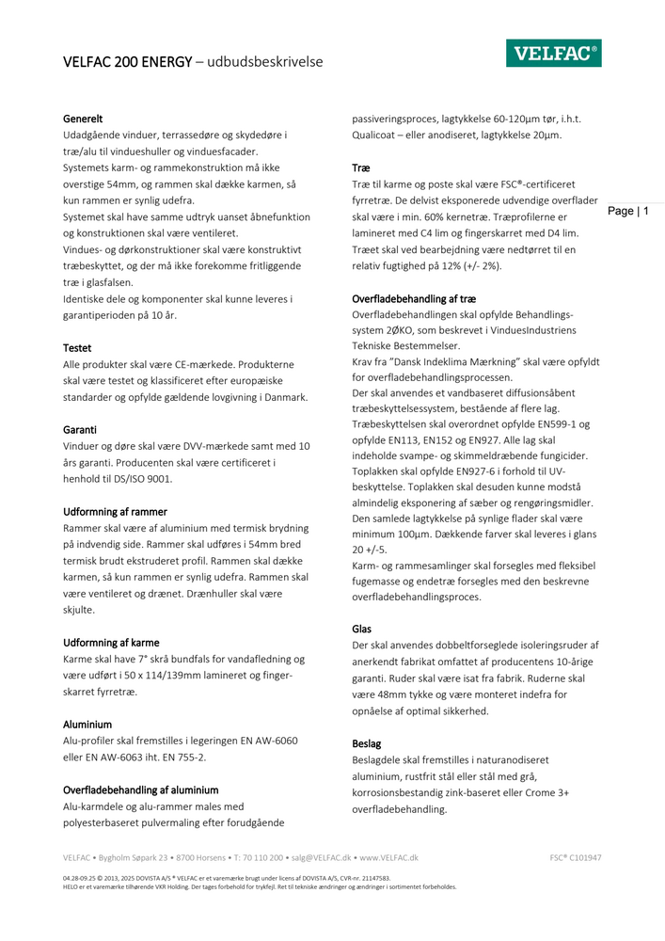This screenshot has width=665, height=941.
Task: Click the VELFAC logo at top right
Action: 554,55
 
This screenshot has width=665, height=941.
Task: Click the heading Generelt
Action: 83,119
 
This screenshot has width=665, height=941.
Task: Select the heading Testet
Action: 77,347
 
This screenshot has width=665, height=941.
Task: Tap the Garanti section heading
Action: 80,429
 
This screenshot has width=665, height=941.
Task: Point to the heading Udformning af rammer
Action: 115,511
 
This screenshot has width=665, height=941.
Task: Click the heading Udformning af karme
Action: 111,643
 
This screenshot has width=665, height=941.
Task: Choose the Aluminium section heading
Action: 87,725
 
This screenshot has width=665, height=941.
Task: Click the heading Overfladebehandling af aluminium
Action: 141,789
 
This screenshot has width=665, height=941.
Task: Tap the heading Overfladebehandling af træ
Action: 413,298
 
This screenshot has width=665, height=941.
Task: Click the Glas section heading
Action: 362,629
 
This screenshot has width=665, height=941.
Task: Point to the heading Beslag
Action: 367,743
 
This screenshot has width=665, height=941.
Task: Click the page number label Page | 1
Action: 628,212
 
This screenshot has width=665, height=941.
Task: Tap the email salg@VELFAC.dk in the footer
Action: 321,858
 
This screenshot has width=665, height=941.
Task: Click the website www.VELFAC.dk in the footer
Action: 388,858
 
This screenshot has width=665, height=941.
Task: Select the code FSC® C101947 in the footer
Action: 576,858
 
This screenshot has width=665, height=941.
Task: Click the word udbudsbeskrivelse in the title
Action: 264,62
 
